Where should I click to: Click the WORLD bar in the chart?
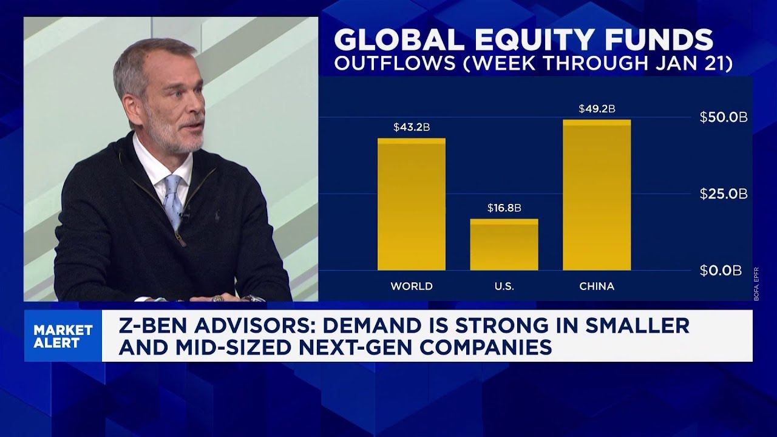click(x=411, y=205)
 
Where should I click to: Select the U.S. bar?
click(x=504, y=245)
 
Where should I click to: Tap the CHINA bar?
click(x=597, y=195)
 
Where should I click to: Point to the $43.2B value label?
click(x=411, y=127)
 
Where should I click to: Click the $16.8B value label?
click(x=504, y=208)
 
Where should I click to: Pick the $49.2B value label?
click(x=597, y=109)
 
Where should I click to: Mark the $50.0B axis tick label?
click(x=723, y=118)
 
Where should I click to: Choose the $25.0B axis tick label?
click(x=723, y=194)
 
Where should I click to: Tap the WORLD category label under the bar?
click(x=411, y=286)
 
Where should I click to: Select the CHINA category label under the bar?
click(x=597, y=286)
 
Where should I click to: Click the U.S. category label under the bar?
click(x=504, y=286)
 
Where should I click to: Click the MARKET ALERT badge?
click(x=63, y=336)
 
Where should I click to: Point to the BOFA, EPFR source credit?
click(x=756, y=283)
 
